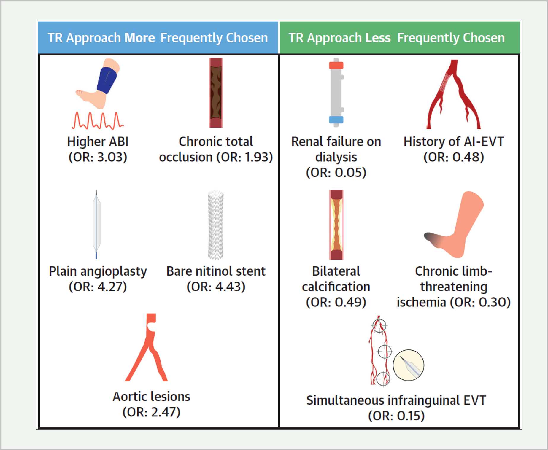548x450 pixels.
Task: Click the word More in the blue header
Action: coord(139,38)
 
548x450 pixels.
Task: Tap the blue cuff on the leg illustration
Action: coord(107,80)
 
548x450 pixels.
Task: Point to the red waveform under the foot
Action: coord(98,120)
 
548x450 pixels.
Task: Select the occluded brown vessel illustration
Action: coord(216,93)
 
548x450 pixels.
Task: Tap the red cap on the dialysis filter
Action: coord(336,65)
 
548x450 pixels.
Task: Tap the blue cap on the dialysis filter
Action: coord(336,120)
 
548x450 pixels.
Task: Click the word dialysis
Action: coord(336,157)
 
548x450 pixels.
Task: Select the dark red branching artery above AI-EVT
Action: coord(454,94)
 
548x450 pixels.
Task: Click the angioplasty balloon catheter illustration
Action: coord(96,224)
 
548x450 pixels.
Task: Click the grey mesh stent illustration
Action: coord(216,225)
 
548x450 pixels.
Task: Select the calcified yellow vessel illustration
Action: coord(336,225)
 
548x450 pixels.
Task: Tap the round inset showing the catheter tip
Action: coord(409,365)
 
